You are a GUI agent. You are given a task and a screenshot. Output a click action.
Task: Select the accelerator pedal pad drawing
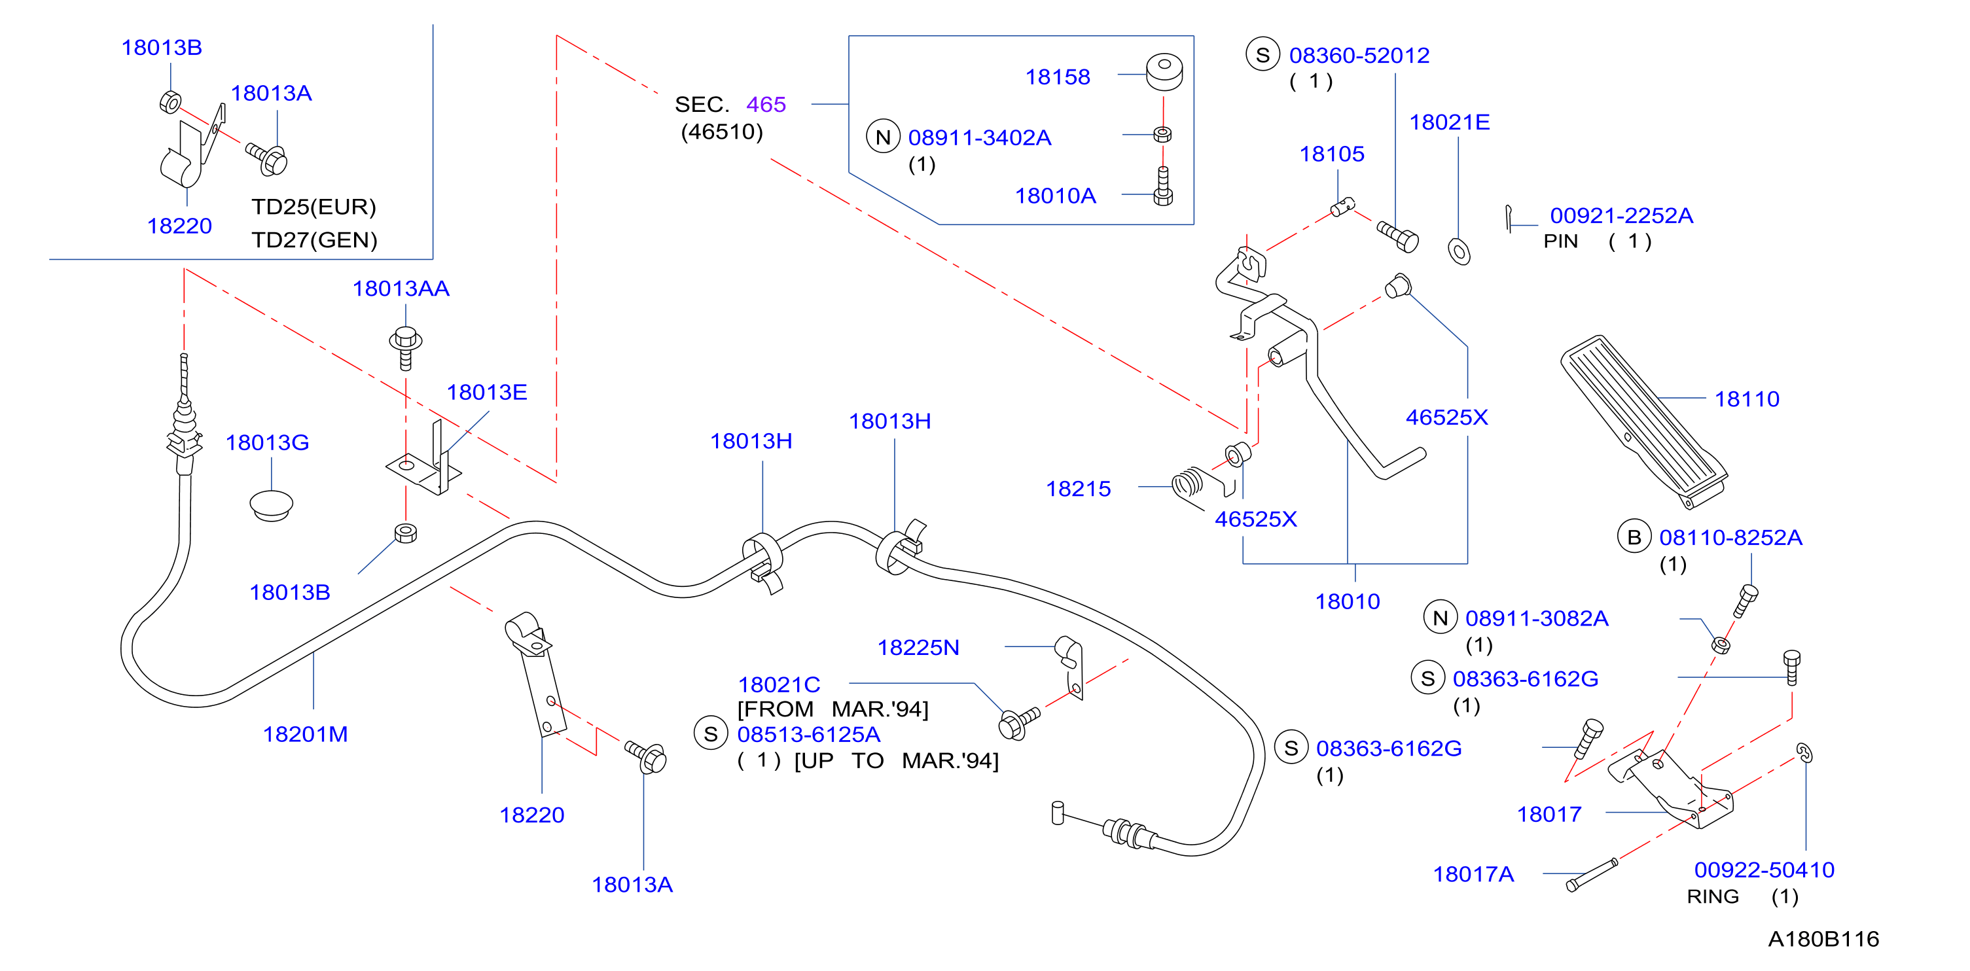pos(1644,421)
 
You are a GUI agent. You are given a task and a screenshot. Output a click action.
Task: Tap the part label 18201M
pos(305,734)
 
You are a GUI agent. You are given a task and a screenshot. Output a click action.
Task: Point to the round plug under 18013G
pos(272,504)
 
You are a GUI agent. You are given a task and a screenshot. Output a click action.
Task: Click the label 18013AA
pos(401,289)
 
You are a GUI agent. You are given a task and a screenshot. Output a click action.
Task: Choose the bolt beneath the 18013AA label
pos(405,348)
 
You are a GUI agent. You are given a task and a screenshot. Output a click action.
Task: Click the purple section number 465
pos(766,104)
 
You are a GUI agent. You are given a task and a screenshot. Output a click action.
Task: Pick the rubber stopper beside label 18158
pos(1164,71)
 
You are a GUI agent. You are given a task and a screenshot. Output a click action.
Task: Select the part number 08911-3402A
pos(980,137)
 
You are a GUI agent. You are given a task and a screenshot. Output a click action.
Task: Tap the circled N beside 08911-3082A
pos(1440,618)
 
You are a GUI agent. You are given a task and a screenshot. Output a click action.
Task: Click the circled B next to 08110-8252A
pos(1634,537)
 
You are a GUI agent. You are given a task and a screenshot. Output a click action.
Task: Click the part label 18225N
pos(918,648)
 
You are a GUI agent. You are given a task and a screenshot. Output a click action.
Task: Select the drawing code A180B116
pos(1823,939)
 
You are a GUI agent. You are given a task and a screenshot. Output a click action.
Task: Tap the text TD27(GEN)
pos(314,240)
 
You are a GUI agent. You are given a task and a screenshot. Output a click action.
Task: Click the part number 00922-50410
pos(1764,870)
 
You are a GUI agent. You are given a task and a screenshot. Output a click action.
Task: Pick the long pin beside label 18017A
pos(1592,875)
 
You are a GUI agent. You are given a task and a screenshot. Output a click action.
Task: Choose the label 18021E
pos(1449,122)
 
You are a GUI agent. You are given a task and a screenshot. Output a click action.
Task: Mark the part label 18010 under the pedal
pos(1348,602)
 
